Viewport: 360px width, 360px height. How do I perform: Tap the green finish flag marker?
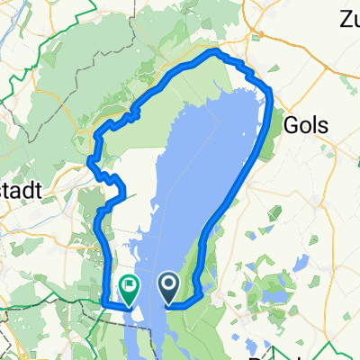pyautogui.click(x=129, y=289)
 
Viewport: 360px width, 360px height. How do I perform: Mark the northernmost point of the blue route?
pyautogui.click(x=214, y=52)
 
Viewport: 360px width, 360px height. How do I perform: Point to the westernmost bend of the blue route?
pyautogui.click(x=90, y=162)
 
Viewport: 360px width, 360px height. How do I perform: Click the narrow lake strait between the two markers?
pyautogui.click(x=148, y=315)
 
